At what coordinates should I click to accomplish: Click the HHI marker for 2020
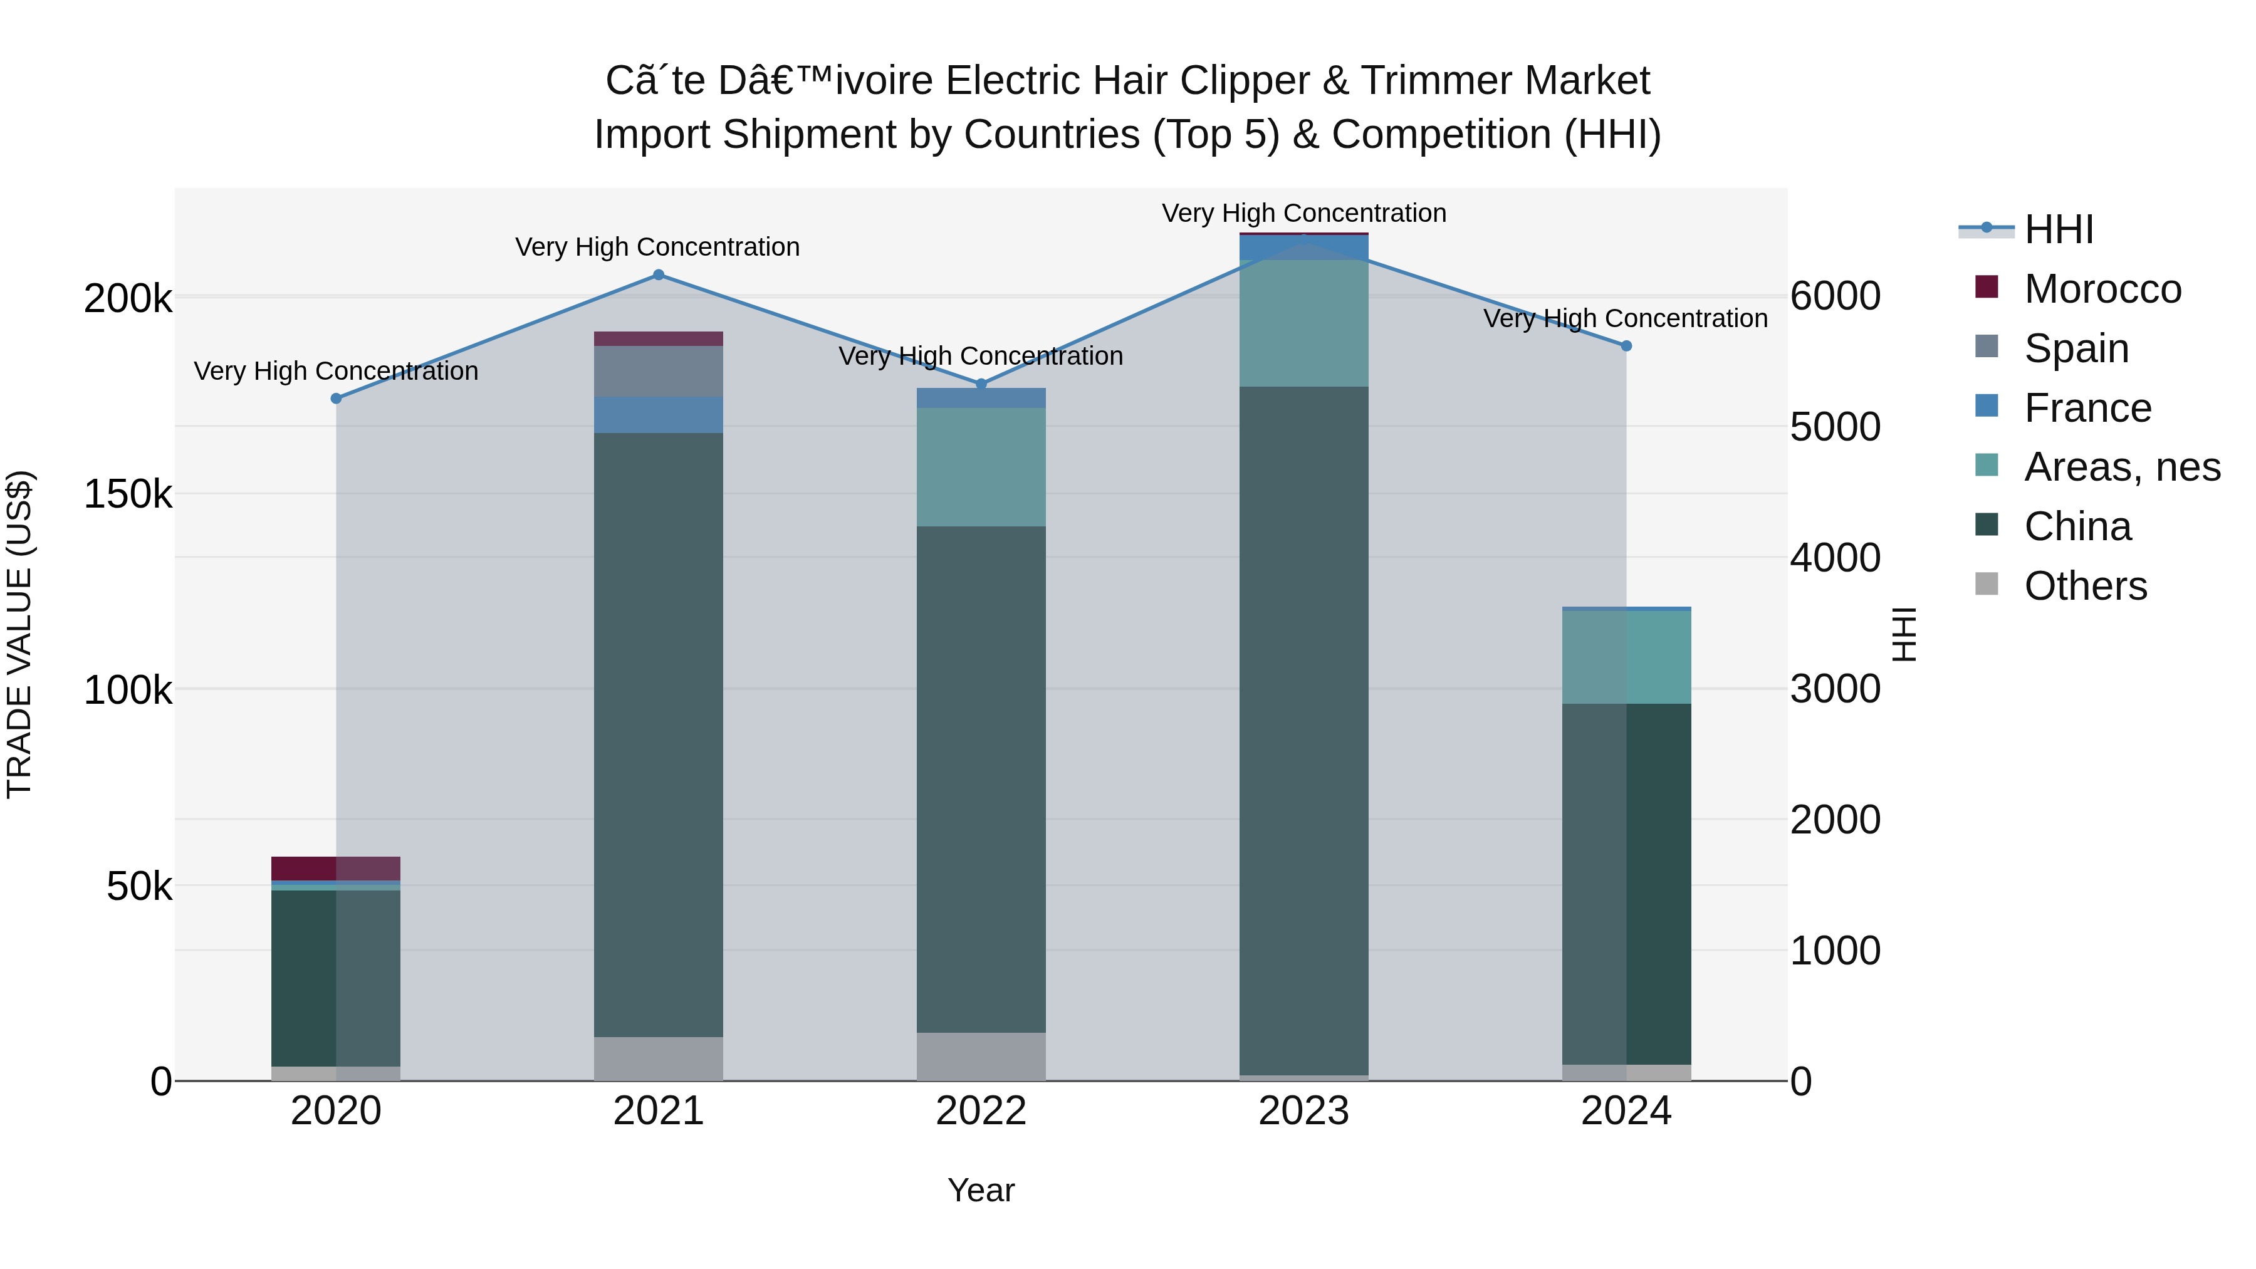click(x=337, y=399)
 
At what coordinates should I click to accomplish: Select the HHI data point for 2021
click(x=659, y=275)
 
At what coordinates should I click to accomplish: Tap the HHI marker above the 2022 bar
click(x=981, y=384)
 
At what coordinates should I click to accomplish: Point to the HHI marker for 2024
click(x=1626, y=346)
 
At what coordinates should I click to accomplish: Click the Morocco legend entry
click(x=2102, y=289)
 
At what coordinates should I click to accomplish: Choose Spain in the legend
click(x=2076, y=348)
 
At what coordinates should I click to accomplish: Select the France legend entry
click(x=2087, y=408)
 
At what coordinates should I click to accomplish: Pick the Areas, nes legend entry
click(x=2121, y=467)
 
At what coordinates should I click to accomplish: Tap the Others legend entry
click(x=2085, y=586)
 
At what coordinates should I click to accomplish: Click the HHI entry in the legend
click(x=2058, y=229)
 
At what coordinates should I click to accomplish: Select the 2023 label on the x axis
click(x=1303, y=1111)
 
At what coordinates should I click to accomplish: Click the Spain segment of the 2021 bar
click(x=659, y=372)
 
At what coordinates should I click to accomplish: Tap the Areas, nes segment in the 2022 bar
click(x=981, y=467)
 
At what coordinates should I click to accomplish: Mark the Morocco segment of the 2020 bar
click(x=337, y=868)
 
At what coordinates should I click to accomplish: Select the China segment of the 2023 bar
click(x=1303, y=731)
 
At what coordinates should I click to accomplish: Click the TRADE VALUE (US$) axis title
click(x=19, y=634)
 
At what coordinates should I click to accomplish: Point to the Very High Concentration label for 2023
click(x=1303, y=213)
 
